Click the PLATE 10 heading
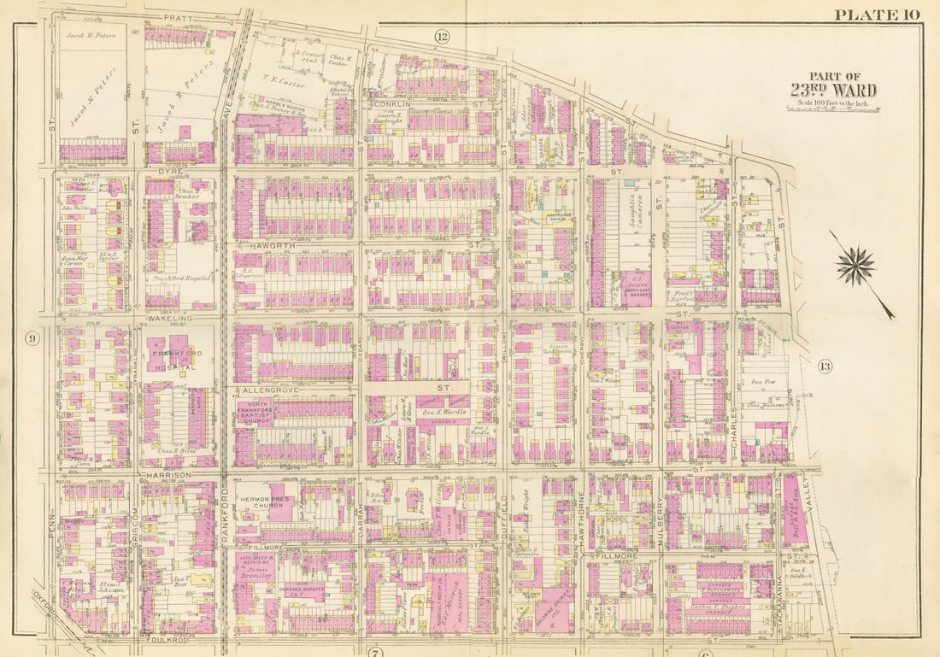coord(876,14)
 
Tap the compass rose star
coord(855,265)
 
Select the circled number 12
coord(441,36)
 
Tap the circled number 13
coord(824,367)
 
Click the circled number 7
coord(374,653)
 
